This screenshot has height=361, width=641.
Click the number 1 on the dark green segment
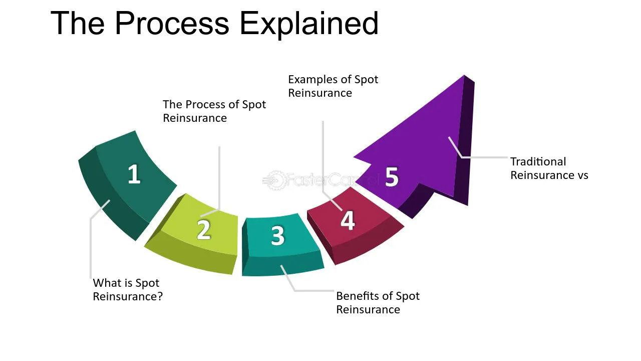point(134,174)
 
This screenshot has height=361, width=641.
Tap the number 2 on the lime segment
point(204,230)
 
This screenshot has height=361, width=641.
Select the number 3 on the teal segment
point(277,236)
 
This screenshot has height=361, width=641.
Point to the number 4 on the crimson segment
point(348,220)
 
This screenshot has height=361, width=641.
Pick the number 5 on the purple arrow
point(392,177)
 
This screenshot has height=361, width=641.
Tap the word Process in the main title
point(172,24)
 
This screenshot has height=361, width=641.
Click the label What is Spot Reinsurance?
point(128,290)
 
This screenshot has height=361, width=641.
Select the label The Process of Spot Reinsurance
point(214,111)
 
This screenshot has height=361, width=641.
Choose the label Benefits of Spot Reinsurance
point(378,303)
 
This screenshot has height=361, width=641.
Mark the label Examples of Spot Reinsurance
point(333,86)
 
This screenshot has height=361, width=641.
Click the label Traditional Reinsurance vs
point(549,168)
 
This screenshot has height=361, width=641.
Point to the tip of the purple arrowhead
point(464,75)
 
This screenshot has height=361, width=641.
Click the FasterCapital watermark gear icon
point(275,180)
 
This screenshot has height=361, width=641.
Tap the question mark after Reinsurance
point(160,296)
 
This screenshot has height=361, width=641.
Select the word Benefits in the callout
point(357,296)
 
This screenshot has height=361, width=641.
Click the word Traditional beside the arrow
point(538,161)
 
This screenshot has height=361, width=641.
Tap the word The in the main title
point(78,24)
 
